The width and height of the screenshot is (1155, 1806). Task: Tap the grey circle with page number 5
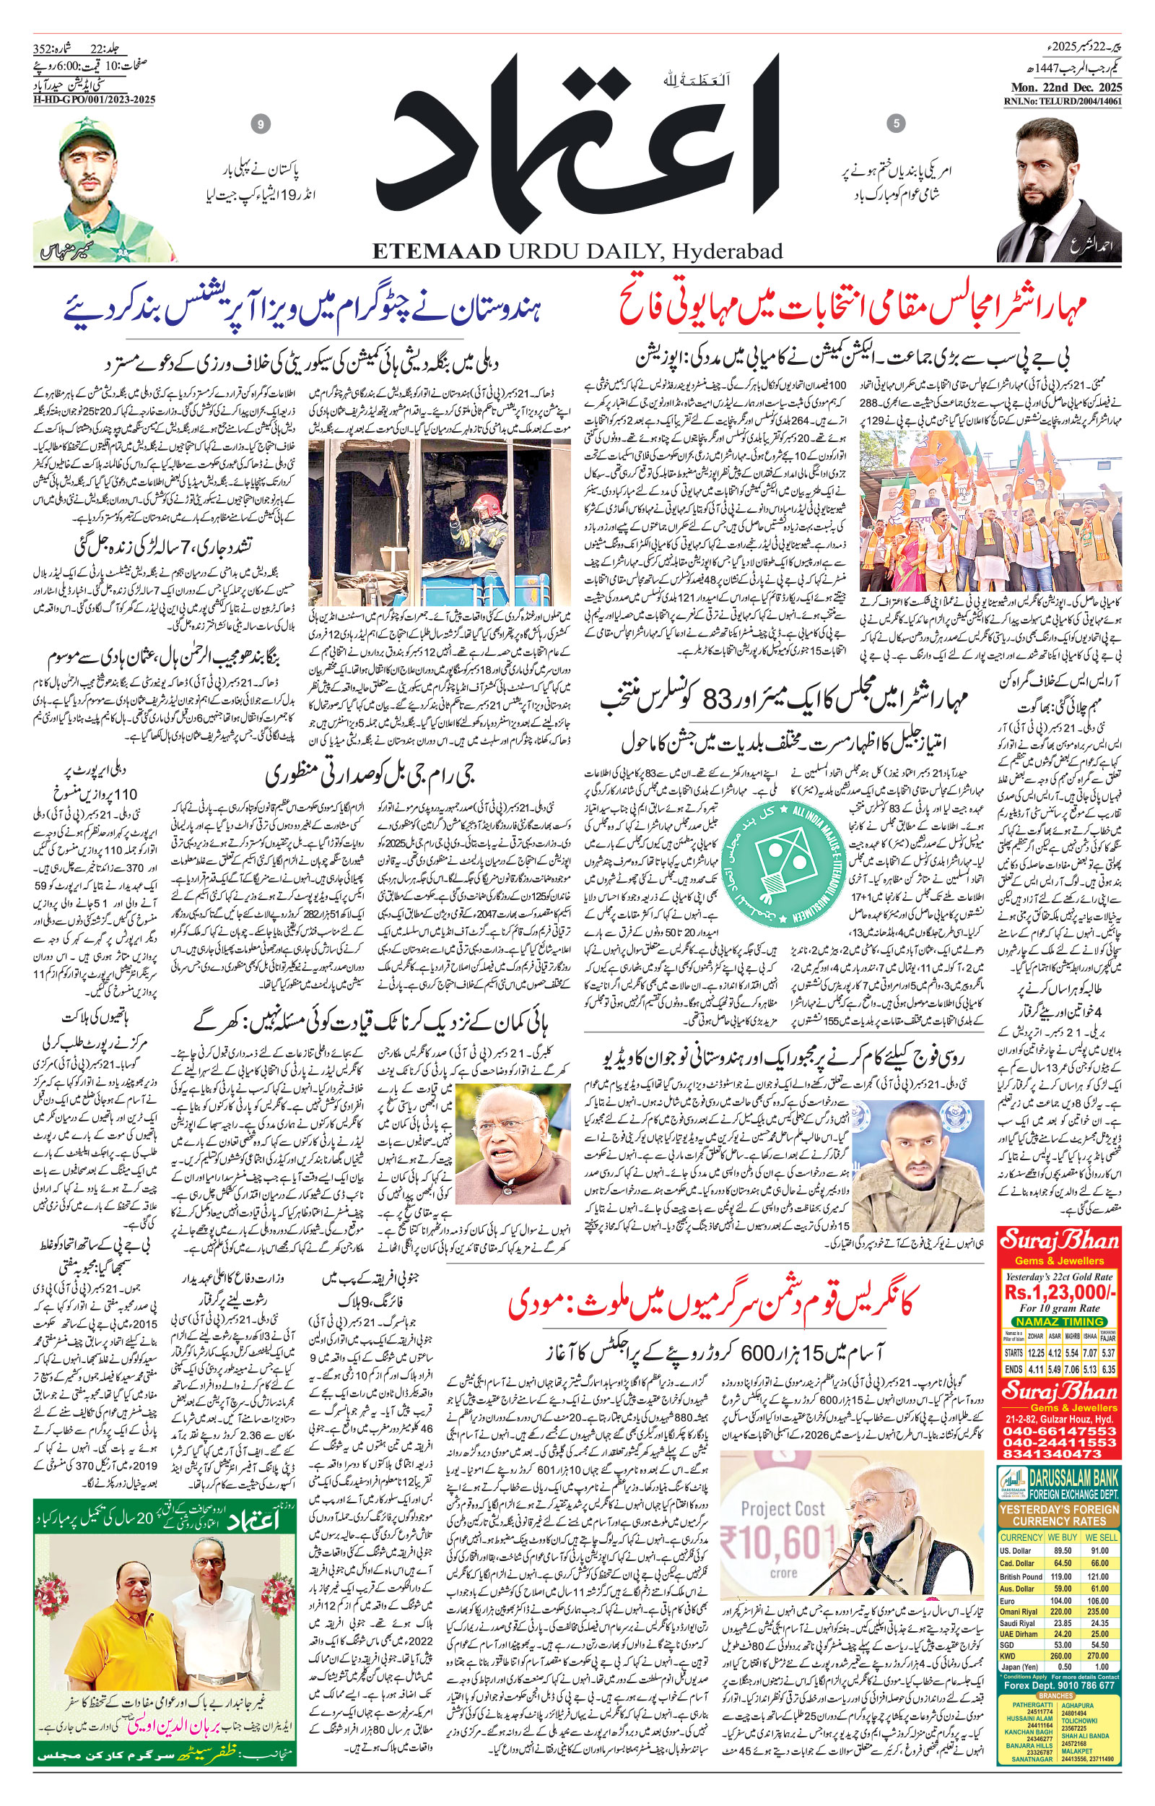pos(896,123)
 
